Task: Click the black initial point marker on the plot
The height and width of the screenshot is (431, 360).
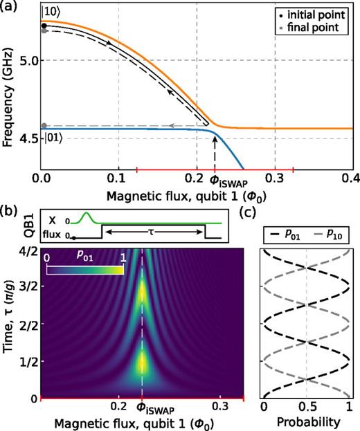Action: (x=44, y=26)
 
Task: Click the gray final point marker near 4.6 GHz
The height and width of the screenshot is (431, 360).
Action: (x=44, y=126)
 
